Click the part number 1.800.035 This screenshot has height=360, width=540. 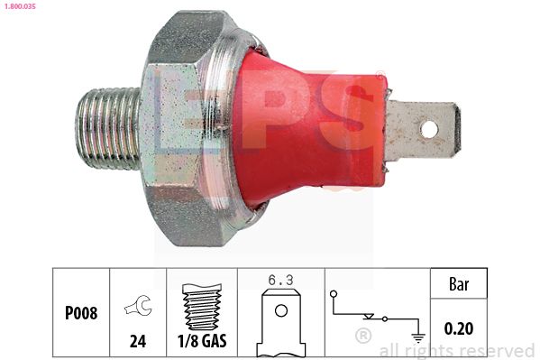[20, 7]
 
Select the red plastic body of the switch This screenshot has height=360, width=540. [307, 126]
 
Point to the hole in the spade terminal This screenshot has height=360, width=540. [430, 129]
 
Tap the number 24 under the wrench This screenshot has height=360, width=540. [137, 341]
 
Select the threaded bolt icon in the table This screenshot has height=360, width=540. [200, 307]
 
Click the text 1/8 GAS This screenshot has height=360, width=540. [200, 341]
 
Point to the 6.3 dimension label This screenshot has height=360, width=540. [280, 280]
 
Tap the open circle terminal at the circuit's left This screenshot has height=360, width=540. [334, 294]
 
